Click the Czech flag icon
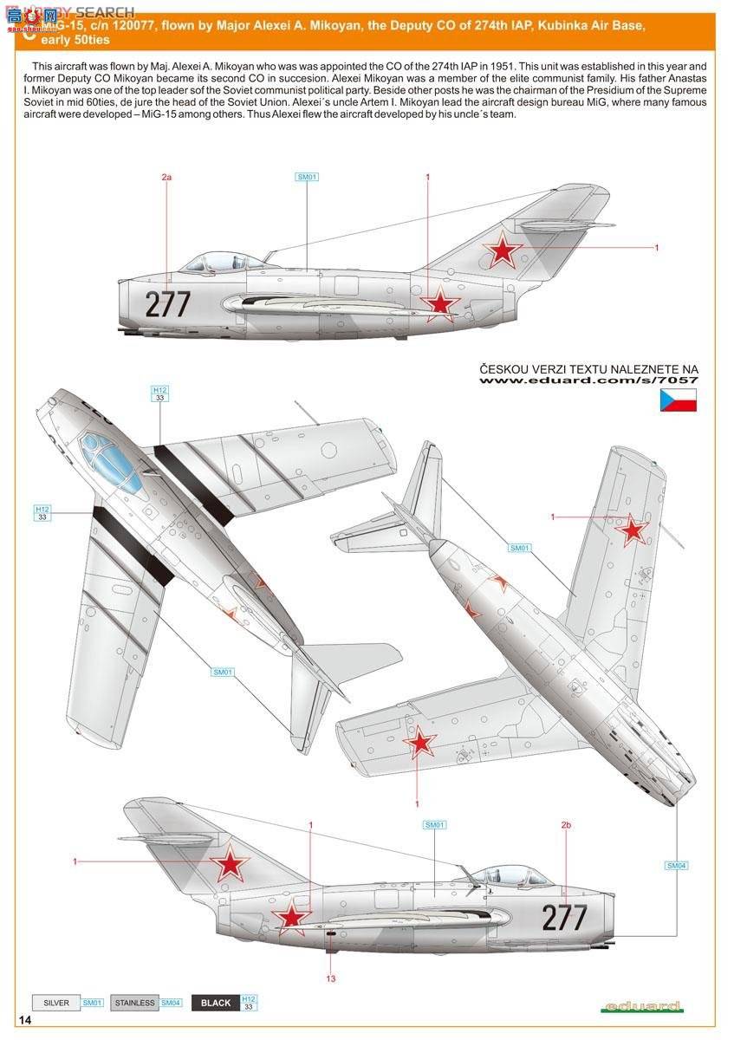pyautogui.click(x=679, y=400)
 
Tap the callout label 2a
pyautogui.click(x=167, y=177)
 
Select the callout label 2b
pyautogui.click(x=566, y=825)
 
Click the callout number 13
pyautogui.click(x=330, y=978)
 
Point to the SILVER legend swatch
pyautogui.click(x=55, y=1003)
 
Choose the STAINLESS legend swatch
pyautogui.click(x=133, y=1003)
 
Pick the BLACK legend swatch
pyautogui.click(x=215, y=1003)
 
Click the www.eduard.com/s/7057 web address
pyautogui.click(x=589, y=380)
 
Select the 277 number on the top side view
pyautogui.click(x=168, y=304)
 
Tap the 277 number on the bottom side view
pyautogui.click(x=564, y=917)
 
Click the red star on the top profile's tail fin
pyautogui.click(x=503, y=251)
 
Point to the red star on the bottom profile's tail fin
pyautogui.click(x=230, y=863)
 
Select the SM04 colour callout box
pyautogui.click(x=677, y=865)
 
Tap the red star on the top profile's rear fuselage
pyautogui.click(x=440, y=303)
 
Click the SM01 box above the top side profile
pyautogui.click(x=308, y=177)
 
